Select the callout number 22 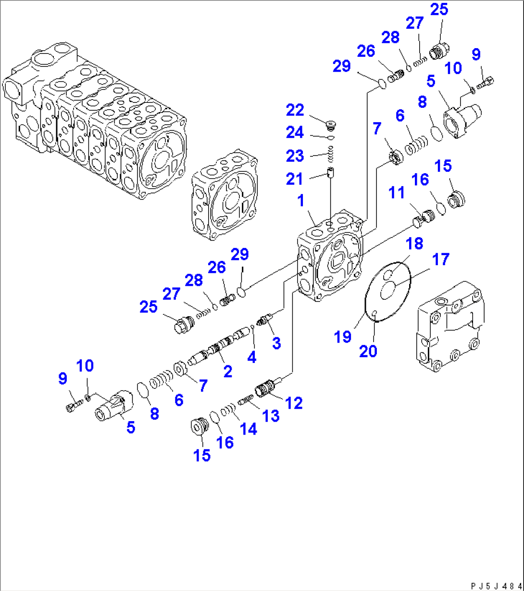tap(295, 111)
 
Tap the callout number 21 tap(295, 179)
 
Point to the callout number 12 tap(294, 403)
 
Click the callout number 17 tap(440, 260)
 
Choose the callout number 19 tap(343, 337)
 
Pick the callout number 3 tap(276, 343)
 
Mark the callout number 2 tap(227, 371)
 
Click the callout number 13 tap(271, 416)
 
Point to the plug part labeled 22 tap(330, 127)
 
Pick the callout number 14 tap(248, 429)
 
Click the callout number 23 tap(295, 156)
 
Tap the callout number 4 tap(252, 357)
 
